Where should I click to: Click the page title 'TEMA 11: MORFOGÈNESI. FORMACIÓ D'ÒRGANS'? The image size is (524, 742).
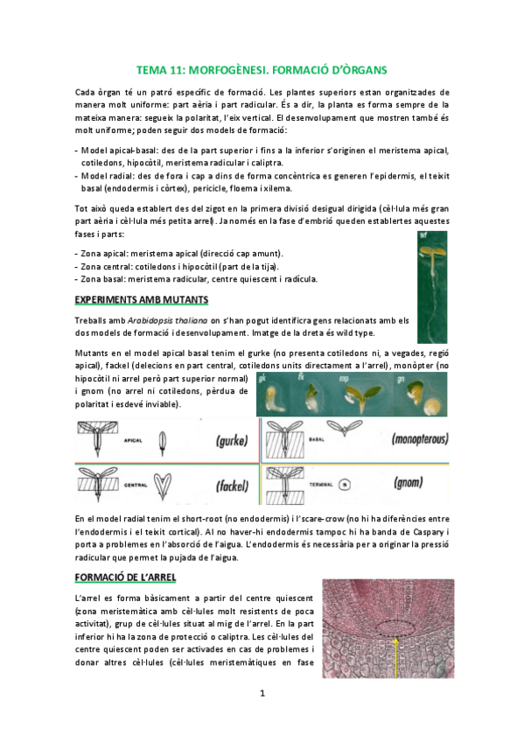pyautogui.click(x=262, y=68)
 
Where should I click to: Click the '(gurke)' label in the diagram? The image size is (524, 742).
pyautogui.click(x=206, y=440)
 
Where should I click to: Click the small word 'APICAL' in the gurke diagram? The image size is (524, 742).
pyautogui.click(x=132, y=442)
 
